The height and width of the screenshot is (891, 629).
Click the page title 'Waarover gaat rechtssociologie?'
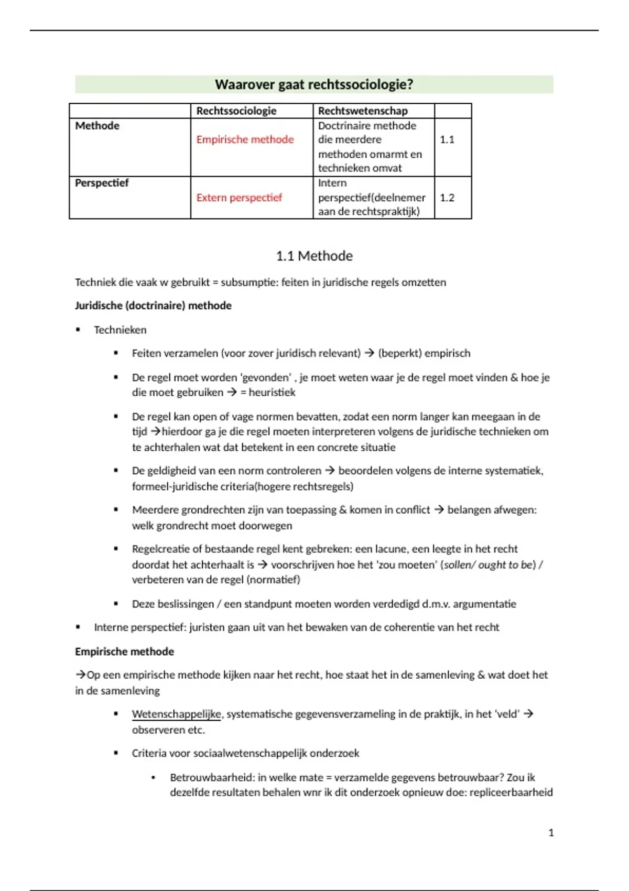pos(314,84)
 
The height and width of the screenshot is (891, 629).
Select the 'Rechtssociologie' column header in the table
pos(236,111)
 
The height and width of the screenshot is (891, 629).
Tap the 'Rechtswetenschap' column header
pos(362,111)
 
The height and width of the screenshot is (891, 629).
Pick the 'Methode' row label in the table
pos(97,126)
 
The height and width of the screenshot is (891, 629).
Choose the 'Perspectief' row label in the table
pos(102,183)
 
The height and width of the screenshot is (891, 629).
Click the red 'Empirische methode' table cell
pos(245,139)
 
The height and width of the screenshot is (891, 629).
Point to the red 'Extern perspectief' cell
pos(239,198)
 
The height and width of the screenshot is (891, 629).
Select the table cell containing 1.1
pos(447,139)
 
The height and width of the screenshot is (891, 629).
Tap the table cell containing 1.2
pos(447,198)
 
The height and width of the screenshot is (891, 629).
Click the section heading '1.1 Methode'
pos(314,256)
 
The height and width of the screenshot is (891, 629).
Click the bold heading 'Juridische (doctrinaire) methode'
pos(153,306)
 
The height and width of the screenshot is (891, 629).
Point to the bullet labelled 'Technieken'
pos(120,330)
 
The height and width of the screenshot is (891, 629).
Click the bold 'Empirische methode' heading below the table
pos(124,651)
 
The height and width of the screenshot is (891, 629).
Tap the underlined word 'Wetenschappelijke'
pos(177,714)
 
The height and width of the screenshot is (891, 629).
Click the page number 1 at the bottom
pos(551,832)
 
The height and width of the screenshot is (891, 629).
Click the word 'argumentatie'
pos(484,604)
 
